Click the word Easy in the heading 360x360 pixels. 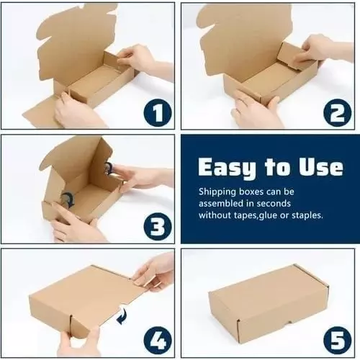click(225, 168)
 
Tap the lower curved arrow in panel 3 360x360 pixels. click(66, 199)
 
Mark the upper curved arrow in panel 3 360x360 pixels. click(109, 168)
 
